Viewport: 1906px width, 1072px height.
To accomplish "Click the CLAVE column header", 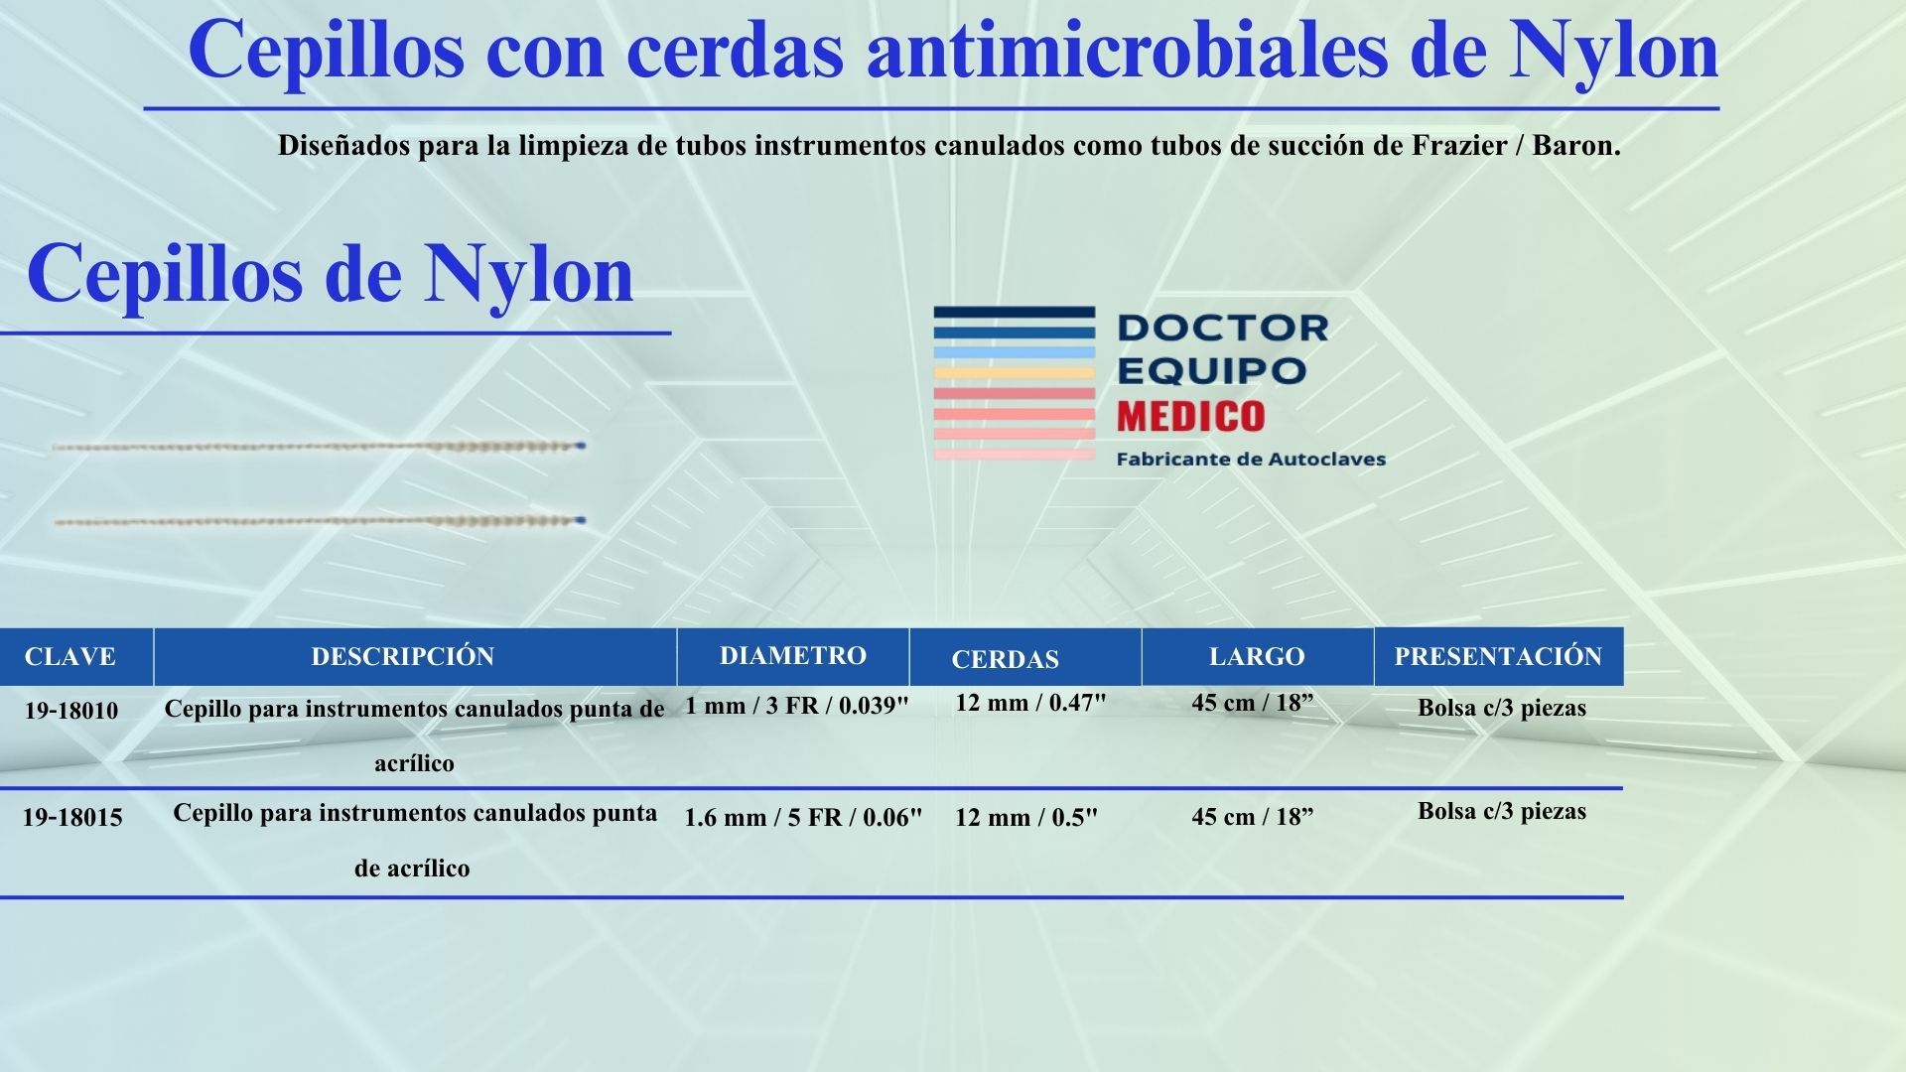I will (69, 656).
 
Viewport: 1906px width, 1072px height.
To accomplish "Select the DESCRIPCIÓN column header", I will (402, 656).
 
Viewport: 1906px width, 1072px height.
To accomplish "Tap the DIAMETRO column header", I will (792, 655).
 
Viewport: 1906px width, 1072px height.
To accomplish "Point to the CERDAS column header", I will (1005, 659).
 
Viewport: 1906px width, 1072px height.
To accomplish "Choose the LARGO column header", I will (1256, 656).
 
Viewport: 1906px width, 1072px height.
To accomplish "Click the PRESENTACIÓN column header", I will (1498, 656).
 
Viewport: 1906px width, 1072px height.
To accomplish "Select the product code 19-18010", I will (71, 711).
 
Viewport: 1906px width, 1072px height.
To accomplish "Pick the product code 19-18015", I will (72, 818).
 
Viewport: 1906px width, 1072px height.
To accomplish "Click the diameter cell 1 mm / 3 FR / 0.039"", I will (797, 706).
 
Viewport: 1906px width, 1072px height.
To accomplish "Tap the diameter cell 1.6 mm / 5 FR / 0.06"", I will (803, 818).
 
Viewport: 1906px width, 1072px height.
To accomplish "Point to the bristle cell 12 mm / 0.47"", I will (1030, 703).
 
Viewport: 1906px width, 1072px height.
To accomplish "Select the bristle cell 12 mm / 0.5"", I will (1026, 818).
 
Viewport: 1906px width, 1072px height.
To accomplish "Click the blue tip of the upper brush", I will (581, 446).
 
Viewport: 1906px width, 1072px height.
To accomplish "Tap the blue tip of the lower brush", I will (581, 519).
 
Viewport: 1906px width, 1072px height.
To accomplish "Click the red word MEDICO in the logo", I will (1190, 416).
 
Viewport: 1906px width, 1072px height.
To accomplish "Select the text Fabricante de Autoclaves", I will (1251, 459).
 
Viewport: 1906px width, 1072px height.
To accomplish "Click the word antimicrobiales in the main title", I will (1127, 50).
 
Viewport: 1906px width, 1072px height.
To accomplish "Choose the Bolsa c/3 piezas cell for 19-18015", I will (1501, 811).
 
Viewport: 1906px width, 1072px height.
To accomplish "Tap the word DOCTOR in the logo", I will (1222, 328).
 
